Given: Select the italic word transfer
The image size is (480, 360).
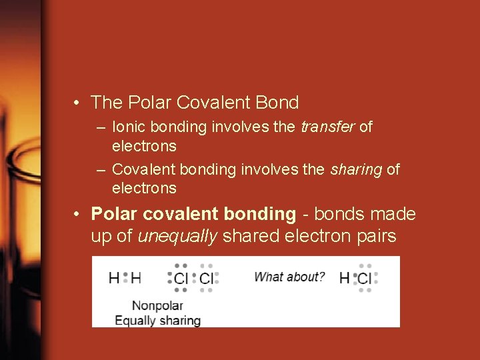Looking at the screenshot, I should point(328,127).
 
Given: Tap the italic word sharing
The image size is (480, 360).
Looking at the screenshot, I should point(356,169).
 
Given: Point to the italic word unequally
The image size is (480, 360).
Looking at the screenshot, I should point(177,236).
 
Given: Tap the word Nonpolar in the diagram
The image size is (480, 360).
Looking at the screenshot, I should point(157,306).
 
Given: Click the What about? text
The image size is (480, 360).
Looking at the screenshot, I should point(289,277).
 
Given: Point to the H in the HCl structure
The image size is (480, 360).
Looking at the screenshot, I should point(344,278).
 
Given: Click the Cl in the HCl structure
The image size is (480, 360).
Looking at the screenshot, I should point(365,278).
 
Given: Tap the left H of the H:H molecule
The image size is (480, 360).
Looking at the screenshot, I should point(114,278).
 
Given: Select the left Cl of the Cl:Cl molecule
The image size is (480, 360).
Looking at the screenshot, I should point(181,278).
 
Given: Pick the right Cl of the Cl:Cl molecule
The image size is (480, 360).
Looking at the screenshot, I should point(207,278).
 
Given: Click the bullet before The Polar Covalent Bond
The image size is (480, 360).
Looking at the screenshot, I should point(78,103).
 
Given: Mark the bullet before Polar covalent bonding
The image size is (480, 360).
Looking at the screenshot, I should point(78,215).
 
